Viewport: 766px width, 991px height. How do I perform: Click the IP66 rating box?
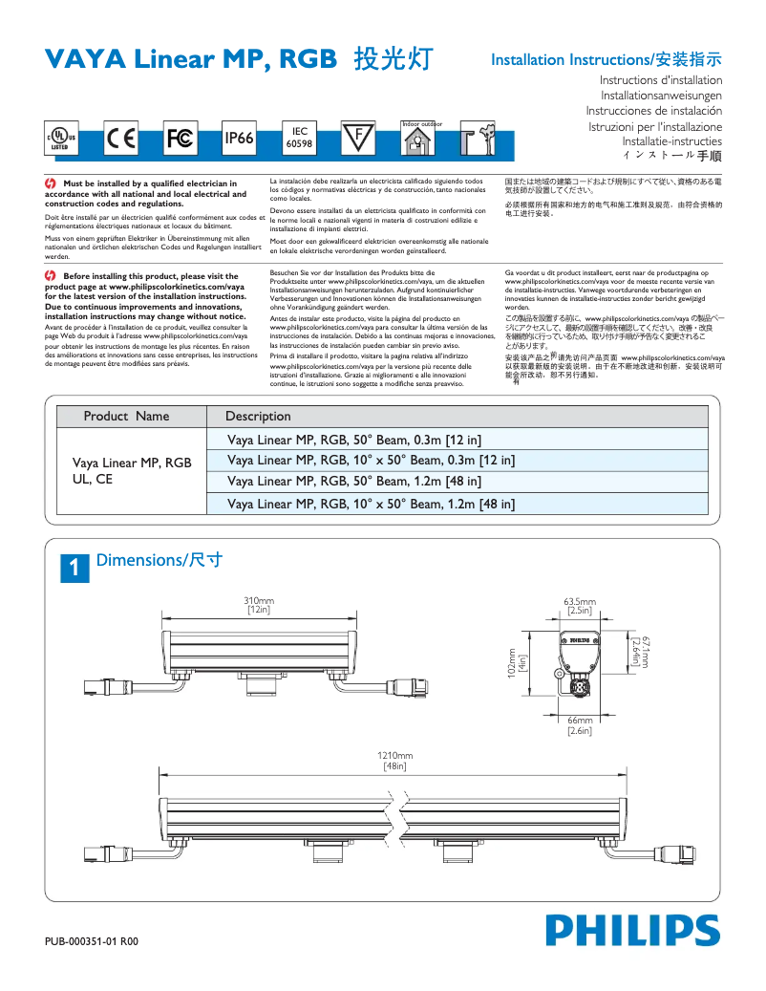239,140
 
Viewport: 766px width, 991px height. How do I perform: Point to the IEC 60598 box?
300,139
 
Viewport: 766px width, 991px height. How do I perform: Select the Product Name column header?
126,416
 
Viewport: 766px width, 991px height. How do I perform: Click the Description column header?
258,416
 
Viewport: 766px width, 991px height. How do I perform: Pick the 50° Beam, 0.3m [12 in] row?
354,440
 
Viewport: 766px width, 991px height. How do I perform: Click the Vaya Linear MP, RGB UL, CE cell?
132,471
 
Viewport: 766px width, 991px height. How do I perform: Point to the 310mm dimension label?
260,604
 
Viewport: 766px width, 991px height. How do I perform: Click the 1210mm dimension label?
395,760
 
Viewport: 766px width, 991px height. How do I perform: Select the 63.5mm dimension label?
580,604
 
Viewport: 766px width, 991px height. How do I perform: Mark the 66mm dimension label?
580,724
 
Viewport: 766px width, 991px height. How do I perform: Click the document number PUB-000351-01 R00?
92,941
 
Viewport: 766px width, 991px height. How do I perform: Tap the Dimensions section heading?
160,559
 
